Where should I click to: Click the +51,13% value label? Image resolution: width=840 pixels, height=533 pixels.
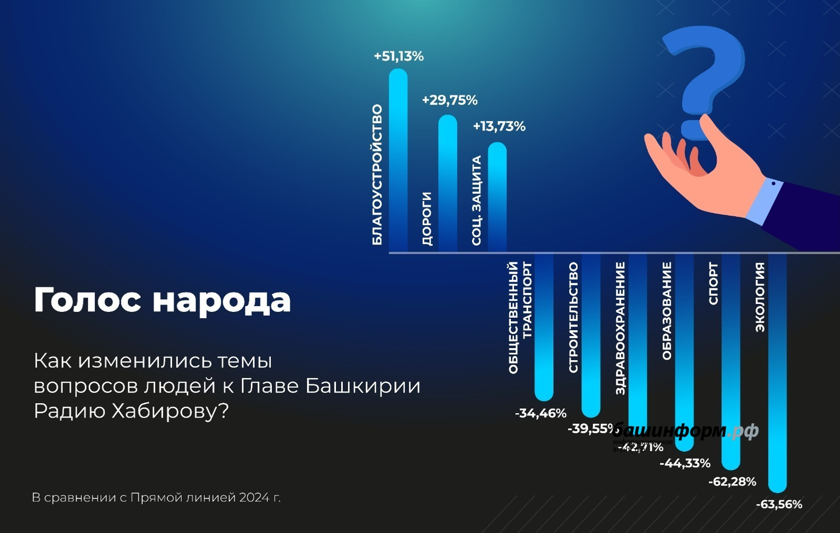(398, 56)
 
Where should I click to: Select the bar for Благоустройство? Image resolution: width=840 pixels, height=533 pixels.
(398, 158)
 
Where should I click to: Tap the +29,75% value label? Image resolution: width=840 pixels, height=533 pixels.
(449, 100)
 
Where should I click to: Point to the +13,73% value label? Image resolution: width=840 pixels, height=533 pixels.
(499, 127)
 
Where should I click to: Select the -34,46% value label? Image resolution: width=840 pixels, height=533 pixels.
(540, 414)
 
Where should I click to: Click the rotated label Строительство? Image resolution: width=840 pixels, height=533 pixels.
(573, 318)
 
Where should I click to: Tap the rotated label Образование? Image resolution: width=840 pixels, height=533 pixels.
(667, 311)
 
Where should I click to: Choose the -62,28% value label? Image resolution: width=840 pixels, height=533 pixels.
(732, 482)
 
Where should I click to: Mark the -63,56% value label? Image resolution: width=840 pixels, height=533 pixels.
(779, 505)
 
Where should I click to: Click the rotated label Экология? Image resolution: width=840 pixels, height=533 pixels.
(760, 297)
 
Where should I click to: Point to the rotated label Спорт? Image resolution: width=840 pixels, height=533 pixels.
(713, 284)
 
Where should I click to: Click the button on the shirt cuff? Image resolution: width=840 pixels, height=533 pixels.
(773, 184)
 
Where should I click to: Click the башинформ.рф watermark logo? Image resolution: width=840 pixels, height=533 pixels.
(685, 431)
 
